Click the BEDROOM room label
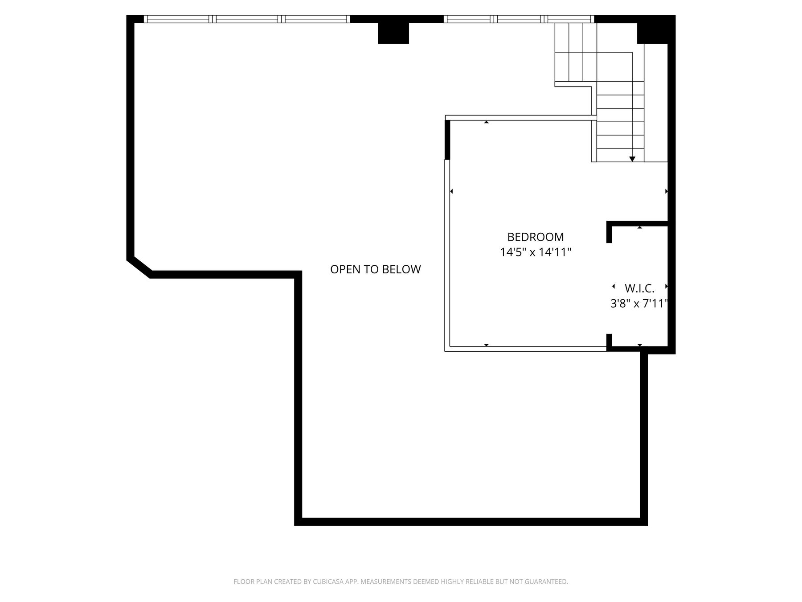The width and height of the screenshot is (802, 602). pyautogui.click(x=536, y=237)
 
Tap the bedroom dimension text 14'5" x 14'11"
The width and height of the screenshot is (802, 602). pyautogui.click(x=536, y=252)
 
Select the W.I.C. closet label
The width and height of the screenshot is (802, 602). pyautogui.click(x=639, y=288)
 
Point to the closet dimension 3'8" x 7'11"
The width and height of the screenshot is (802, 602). pyautogui.click(x=639, y=304)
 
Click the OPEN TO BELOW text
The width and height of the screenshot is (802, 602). pyautogui.click(x=376, y=269)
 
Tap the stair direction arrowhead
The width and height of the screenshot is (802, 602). pyautogui.click(x=632, y=159)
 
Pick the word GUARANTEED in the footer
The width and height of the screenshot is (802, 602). pyautogui.click(x=546, y=581)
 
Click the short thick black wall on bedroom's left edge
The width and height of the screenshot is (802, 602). pyautogui.click(x=447, y=140)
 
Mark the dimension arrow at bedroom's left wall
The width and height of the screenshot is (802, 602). pyautogui.click(x=451, y=191)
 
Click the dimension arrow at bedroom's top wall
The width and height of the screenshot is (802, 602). pyautogui.click(x=487, y=122)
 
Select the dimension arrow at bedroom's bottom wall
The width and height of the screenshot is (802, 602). pyautogui.click(x=487, y=345)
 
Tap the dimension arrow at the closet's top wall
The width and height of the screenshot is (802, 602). pyautogui.click(x=640, y=227)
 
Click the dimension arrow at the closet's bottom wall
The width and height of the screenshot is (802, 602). pyautogui.click(x=640, y=345)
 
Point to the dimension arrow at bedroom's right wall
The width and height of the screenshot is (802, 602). pyautogui.click(x=667, y=191)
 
